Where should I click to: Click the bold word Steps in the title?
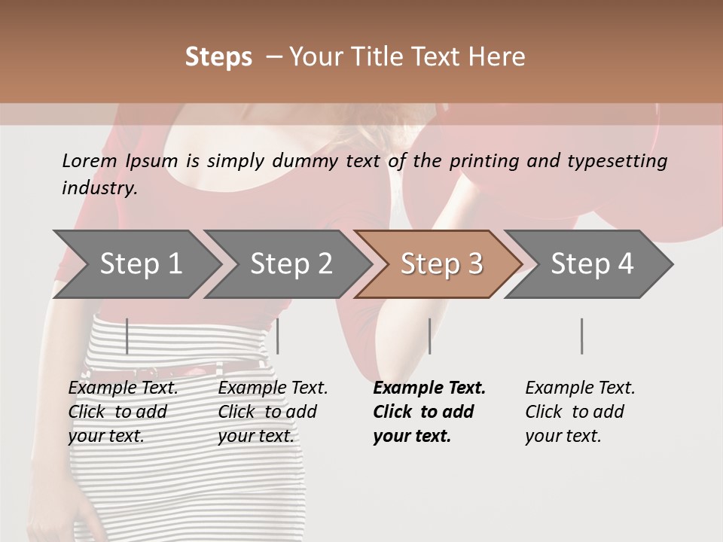tap(218, 57)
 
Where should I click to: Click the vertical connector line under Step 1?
tap(127, 336)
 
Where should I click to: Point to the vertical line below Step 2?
tap(278, 336)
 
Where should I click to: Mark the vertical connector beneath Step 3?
tap(429, 336)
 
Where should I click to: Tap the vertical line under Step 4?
tap(581, 336)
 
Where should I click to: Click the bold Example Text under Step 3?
tap(429, 411)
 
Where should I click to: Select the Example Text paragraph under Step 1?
tap(123, 411)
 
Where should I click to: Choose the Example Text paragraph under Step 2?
tap(273, 411)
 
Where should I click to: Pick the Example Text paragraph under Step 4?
tap(580, 411)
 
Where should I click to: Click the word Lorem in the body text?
tap(90, 160)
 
